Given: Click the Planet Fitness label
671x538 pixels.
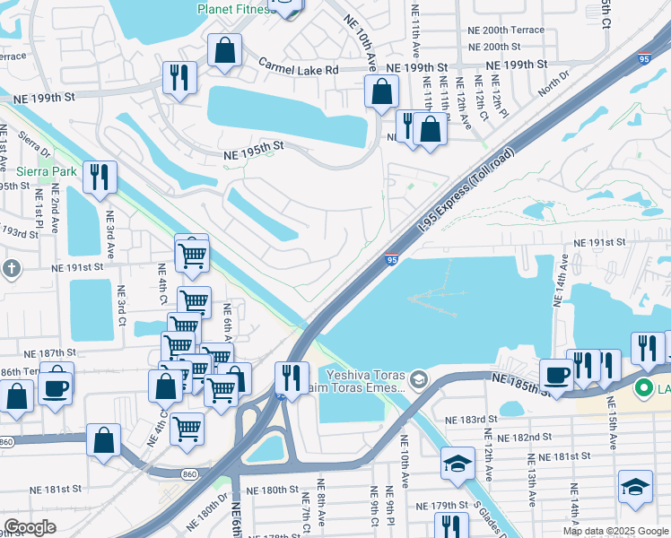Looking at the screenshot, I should click(235, 10).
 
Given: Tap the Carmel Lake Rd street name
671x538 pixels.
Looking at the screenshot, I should click(299, 68).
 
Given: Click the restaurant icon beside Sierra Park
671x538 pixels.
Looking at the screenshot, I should click(100, 177).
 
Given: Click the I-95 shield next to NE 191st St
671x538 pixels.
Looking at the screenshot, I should click(393, 259).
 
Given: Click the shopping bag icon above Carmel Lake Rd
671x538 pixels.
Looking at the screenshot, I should click(224, 51).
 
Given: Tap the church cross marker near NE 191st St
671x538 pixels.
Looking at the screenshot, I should click(11, 268).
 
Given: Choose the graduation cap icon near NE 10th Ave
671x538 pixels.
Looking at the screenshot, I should click(457, 463).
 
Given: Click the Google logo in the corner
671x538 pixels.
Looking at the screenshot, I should click(30, 527).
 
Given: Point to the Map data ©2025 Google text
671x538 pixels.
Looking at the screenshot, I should click(615, 531).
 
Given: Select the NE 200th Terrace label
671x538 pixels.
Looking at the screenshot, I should click(506, 30).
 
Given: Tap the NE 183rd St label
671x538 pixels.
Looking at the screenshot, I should click(472, 419).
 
